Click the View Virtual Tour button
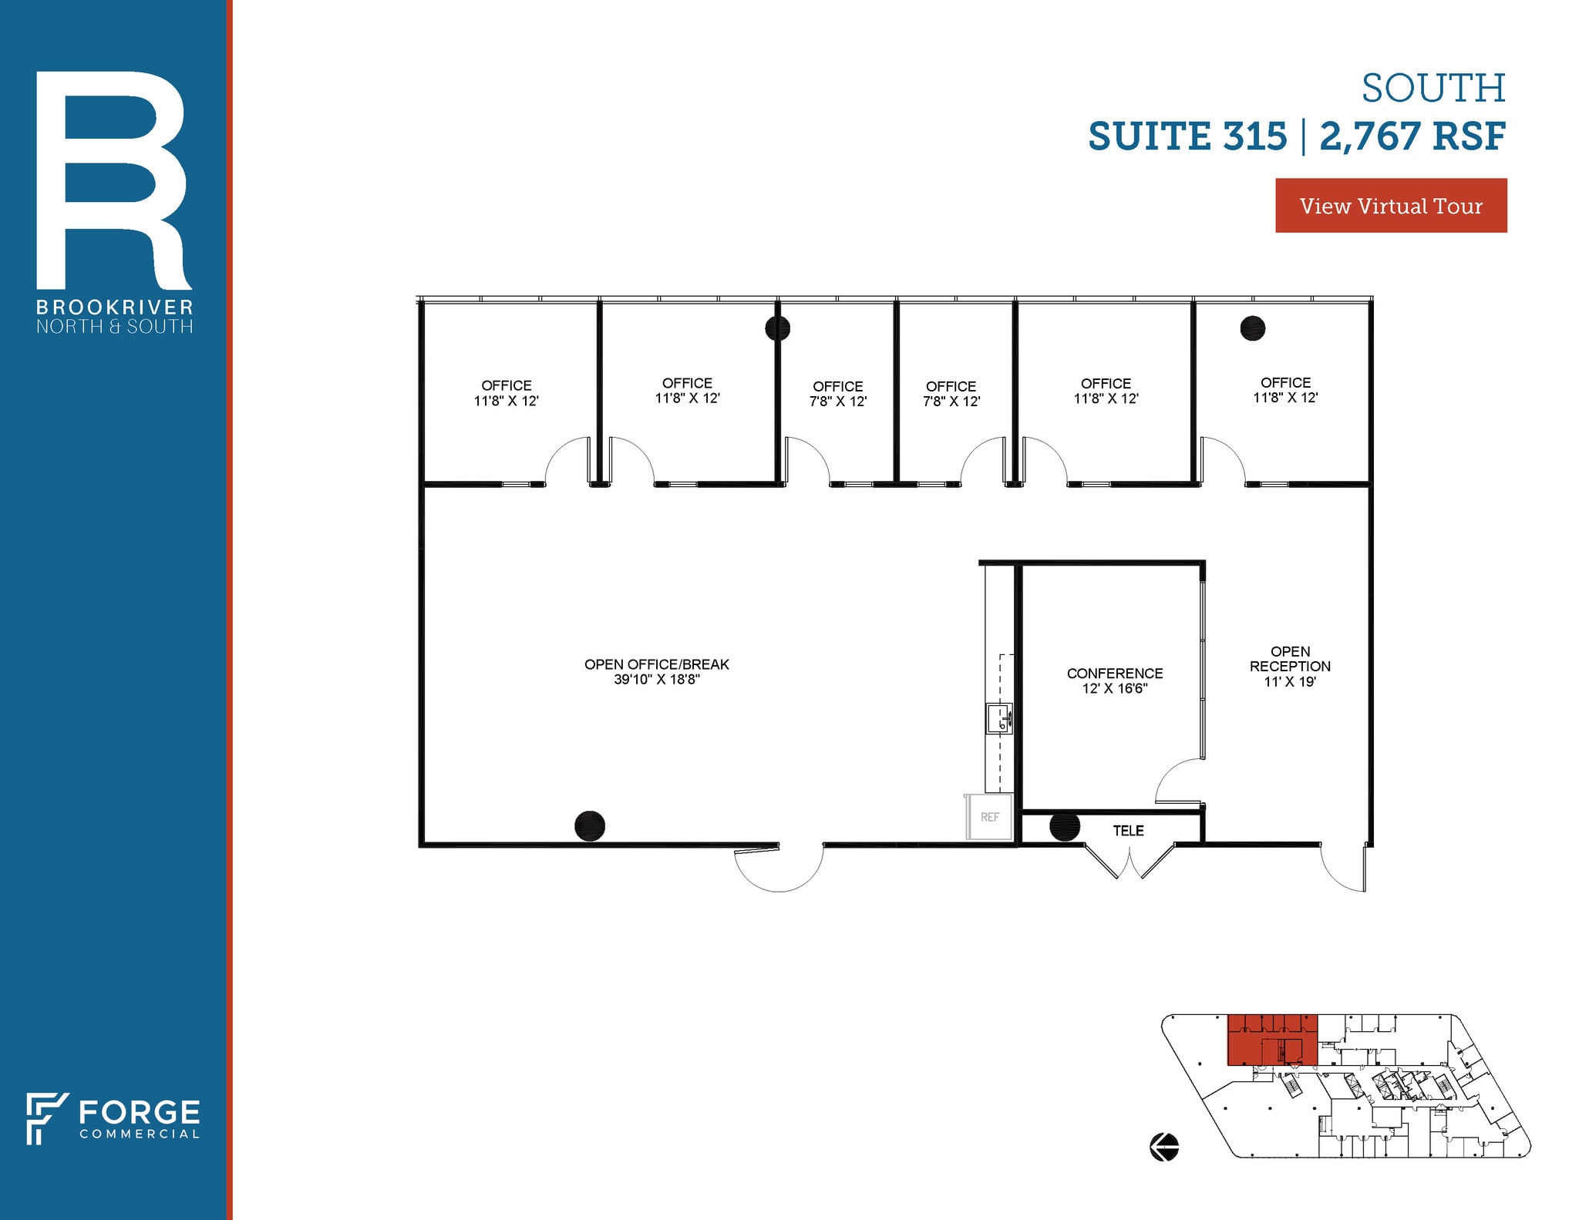coord(1390,206)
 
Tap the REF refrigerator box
coord(989,817)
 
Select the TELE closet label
coord(1128,831)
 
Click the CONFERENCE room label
coord(1114,674)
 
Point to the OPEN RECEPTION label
coord(1290,666)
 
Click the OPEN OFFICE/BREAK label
coord(656,664)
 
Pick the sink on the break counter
coord(999,718)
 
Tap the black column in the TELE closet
coord(1065,826)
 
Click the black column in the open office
coord(590,825)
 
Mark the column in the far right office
coord(1252,328)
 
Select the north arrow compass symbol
coord(1164,1146)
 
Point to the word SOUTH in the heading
coord(1433,89)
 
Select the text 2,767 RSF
coord(1412,136)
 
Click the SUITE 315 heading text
coord(1187,136)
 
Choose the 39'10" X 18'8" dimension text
coord(656,680)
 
